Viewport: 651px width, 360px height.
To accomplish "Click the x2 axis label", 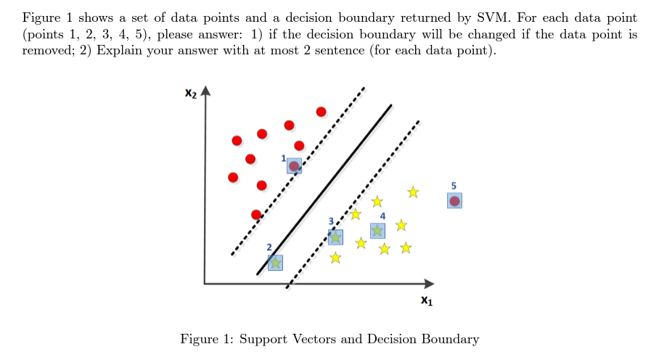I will point(191,94).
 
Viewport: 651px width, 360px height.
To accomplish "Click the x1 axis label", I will point(427,300).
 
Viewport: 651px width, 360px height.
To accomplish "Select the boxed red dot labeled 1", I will point(294,166).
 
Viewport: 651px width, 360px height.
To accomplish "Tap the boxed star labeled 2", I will point(275,262).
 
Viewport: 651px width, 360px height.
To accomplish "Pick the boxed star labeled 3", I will point(335,237).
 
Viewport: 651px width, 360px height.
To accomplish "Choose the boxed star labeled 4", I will point(377,230).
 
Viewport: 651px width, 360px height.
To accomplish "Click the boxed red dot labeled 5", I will point(454,201).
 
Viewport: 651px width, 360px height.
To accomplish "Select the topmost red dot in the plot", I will point(321,111).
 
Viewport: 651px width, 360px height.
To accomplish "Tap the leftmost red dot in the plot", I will point(233,177).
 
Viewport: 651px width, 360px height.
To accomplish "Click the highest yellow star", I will point(413,192).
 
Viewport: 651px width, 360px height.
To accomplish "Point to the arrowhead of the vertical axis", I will point(205,91).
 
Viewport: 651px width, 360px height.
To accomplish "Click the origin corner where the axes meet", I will point(205,283).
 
